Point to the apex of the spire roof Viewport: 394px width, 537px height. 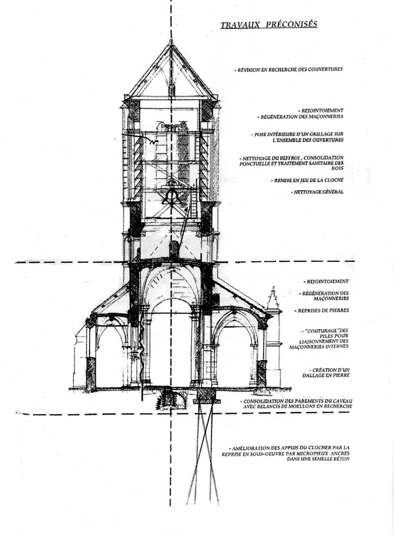(x=171, y=40)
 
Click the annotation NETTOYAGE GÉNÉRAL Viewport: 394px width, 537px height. (x=318, y=192)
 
